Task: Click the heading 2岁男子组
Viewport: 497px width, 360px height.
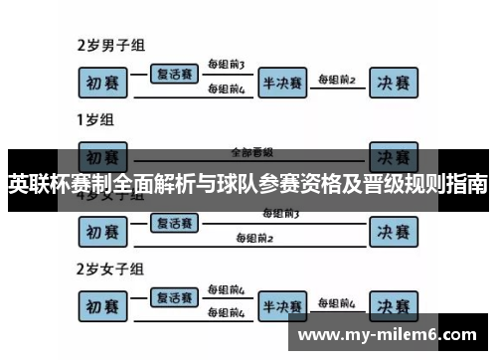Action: [x=111, y=46]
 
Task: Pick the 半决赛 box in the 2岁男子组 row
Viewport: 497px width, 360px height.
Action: [x=282, y=83]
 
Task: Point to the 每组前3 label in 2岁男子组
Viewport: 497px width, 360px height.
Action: [x=226, y=65]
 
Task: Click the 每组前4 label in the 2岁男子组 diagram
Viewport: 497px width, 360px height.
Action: [x=226, y=90]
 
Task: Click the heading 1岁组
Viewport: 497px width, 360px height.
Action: [x=94, y=120]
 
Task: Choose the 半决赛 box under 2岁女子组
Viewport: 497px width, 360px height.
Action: [x=282, y=305]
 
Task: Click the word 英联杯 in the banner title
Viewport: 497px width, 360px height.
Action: [x=42, y=185]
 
